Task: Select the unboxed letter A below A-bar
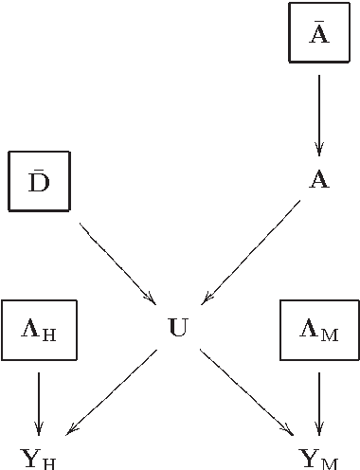click(x=319, y=180)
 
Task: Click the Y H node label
click(x=39, y=460)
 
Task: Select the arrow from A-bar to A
click(x=319, y=114)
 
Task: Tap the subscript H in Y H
click(x=50, y=463)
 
